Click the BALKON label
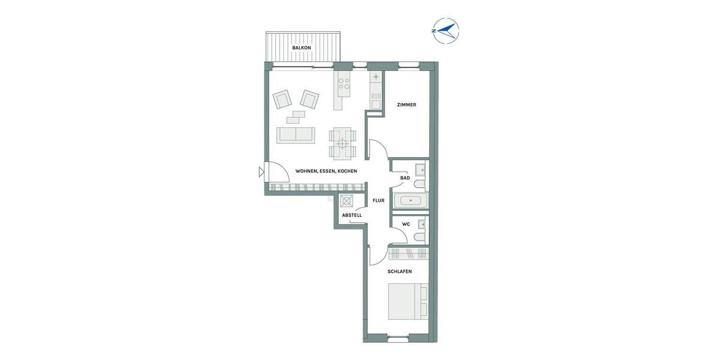click(x=301, y=47)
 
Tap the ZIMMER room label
click(x=406, y=105)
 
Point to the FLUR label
click(x=378, y=201)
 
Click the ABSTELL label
click(x=352, y=215)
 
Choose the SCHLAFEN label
click(x=399, y=271)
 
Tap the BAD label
click(x=405, y=178)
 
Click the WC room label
click(x=406, y=224)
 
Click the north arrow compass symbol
click(x=445, y=31)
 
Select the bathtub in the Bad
click(x=410, y=200)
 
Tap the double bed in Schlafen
click(x=408, y=302)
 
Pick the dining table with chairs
click(x=342, y=143)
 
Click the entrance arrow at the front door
click(x=261, y=173)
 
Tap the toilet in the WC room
click(x=419, y=238)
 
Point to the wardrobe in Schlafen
click(x=409, y=254)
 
